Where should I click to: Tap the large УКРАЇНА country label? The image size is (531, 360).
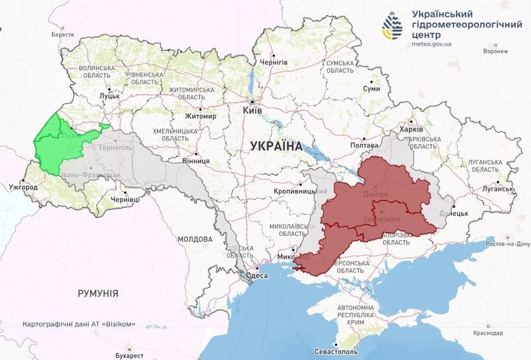(276, 145)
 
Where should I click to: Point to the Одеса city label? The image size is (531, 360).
(257, 275)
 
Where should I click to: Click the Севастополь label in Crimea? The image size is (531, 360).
(336, 351)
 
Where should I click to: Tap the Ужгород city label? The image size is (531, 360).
(23, 187)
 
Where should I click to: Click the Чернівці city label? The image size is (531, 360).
(125, 199)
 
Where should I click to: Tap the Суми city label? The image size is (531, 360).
(371, 89)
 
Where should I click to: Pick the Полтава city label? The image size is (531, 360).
(364, 145)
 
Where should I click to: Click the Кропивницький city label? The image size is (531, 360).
(294, 191)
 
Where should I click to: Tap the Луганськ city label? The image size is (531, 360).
(498, 189)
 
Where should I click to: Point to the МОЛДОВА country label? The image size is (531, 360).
(195, 239)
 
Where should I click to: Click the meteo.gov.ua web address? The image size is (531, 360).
(432, 44)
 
